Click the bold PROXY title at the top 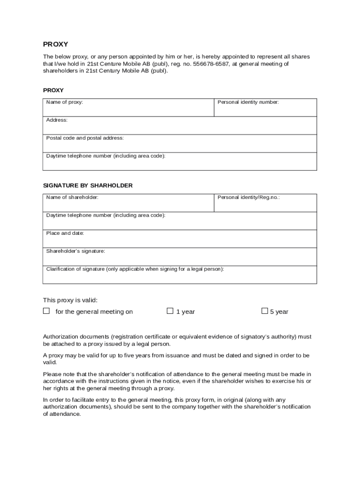pyautogui.click(x=56, y=44)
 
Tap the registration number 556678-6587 pyautogui.click(x=210, y=64)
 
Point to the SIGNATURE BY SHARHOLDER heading pyautogui.click(x=88, y=186)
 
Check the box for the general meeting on pyautogui.click(x=46, y=311)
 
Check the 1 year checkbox pyautogui.click(x=170, y=311)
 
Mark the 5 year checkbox pyautogui.click(x=265, y=311)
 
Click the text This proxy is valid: pyautogui.click(x=70, y=300)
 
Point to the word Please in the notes pyautogui.click(x=52, y=374)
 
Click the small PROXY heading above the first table pyautogui.click(x=53, y=90)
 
